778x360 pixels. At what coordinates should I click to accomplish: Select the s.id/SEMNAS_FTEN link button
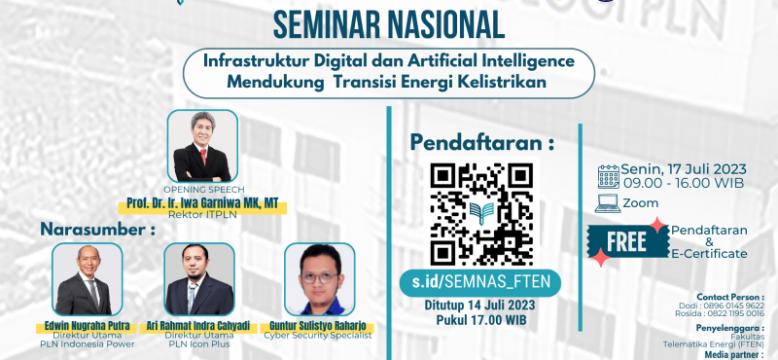(x=481, y=282)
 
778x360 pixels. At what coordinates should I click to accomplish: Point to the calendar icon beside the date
(x=609, y=176)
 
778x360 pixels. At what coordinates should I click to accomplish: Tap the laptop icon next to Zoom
(x=609, y=203)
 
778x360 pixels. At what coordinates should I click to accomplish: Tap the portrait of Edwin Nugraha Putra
(x=87, y=279)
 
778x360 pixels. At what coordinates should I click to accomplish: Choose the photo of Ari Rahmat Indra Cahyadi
(x=199, y=279)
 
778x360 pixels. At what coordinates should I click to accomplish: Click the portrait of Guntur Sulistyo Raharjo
(x=317, y=280)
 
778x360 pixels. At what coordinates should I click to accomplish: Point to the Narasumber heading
(x=97, y=230)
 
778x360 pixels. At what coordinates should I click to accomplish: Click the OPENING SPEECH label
(x=203, y=191)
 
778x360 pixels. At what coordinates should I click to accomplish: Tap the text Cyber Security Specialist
(x=318, y=335)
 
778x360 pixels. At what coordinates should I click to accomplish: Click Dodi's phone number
(x=738, y=304)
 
